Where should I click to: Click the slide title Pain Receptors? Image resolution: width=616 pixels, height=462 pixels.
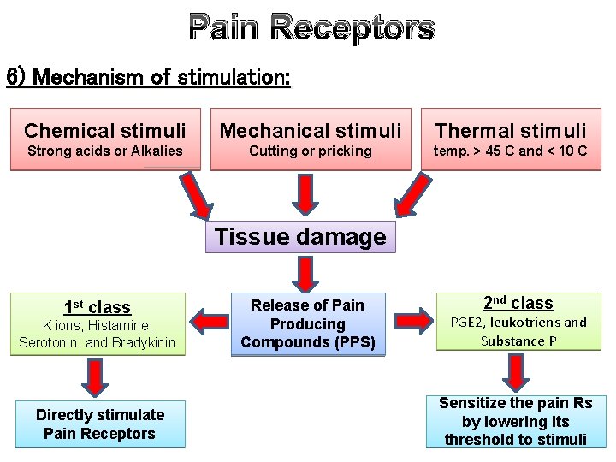(311, 28)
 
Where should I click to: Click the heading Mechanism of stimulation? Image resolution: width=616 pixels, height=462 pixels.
(148, 79)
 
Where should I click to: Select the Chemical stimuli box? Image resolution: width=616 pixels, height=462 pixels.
(105, 139)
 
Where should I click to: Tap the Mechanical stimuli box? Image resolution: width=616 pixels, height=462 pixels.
(310, 139)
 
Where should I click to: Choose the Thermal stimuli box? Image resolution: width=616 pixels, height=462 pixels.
(511, 139)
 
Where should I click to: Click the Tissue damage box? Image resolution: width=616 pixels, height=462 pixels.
(300, 237)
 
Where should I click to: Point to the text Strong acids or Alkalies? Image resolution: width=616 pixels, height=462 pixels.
(105, 151)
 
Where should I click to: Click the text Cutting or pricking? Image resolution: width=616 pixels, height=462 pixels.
(310, 151)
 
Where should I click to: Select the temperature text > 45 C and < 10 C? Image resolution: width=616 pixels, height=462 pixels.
(511, 151)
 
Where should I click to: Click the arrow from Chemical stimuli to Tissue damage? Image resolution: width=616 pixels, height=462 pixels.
(195, 198)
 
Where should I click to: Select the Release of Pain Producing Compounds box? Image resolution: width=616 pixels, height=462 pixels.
(306, 324)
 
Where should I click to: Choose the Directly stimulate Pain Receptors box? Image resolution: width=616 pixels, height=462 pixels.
(100, 424)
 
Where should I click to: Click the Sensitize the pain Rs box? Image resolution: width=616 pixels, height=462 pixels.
(515, 421)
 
